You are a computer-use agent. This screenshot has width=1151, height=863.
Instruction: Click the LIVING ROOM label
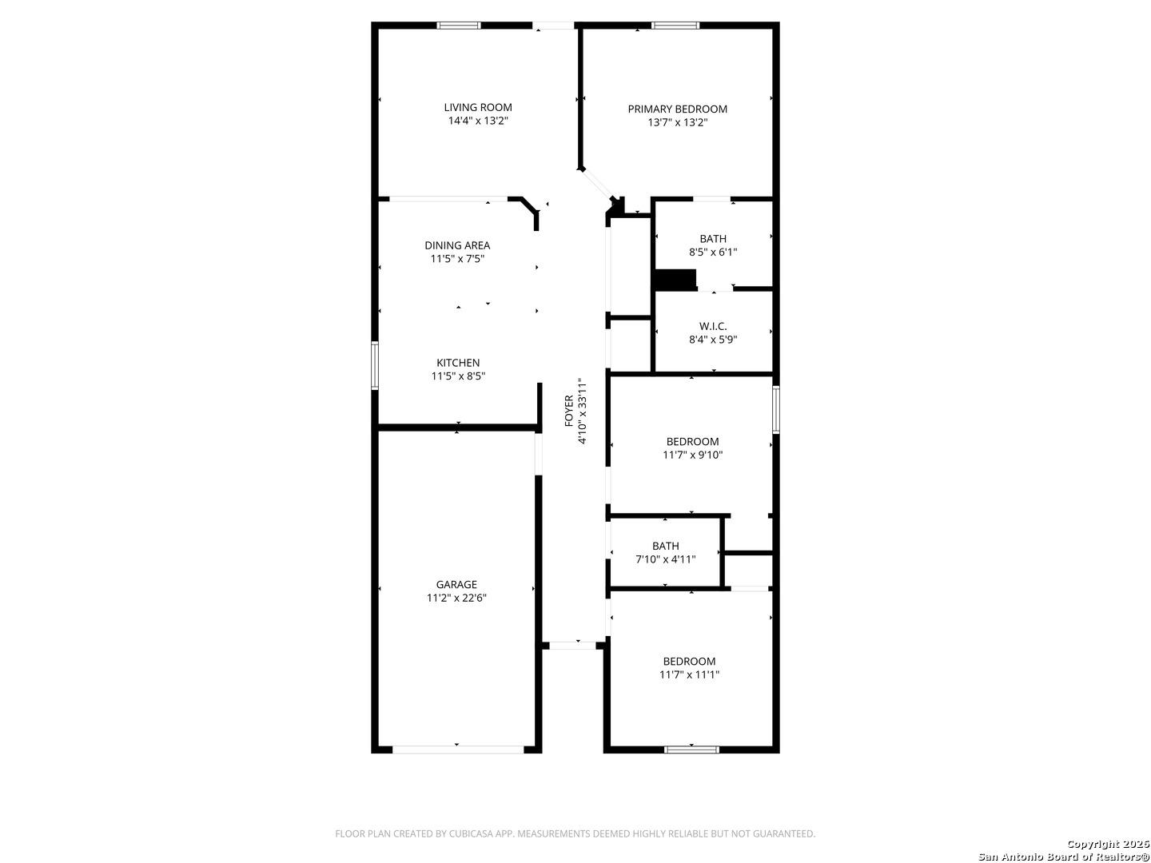(478, 107)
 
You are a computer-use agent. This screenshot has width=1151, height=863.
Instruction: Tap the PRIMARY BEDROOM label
(677, 109)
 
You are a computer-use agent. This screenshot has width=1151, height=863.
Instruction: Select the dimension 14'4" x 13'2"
(478, 121)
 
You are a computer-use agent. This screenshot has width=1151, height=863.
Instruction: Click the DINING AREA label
(457, 245)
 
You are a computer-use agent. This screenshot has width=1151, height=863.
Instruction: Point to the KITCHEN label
(458, 363)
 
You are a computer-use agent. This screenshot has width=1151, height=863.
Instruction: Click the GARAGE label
(456, 584)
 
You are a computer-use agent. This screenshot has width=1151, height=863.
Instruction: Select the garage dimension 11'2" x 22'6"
(456, 598)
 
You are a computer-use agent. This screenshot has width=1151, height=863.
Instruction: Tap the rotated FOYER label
(569, 410)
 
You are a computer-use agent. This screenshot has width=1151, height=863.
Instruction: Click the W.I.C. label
(713, 326)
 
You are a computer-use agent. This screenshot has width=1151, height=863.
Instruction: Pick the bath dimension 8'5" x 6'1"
(713, 252)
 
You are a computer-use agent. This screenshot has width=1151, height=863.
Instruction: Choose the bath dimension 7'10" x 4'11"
(665, 559)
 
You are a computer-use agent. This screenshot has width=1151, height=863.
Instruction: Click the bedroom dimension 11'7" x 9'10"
(692, 455)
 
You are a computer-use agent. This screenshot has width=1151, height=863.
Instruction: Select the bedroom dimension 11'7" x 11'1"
(689, 674)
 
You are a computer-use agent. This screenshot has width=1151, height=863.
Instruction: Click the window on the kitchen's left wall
(375, 365)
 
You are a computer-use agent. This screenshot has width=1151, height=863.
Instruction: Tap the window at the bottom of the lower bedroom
(691, 750)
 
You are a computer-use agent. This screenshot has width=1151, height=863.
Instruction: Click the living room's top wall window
(459, 26)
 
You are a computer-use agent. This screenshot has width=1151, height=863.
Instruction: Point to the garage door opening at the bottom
(458, 750)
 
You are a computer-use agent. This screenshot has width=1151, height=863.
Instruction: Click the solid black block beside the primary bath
(675, 280)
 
